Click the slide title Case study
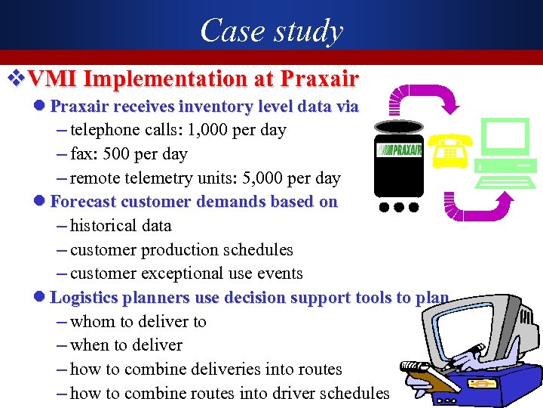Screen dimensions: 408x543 [271, 31]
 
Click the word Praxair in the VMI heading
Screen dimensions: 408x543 [319, 79]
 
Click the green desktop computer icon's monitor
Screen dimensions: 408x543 [505, 138]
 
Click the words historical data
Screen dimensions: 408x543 [121, 226]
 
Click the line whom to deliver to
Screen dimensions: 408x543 [138, 322]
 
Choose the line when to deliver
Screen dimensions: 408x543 [126, 345]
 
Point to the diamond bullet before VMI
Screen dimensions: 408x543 [13, 79]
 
